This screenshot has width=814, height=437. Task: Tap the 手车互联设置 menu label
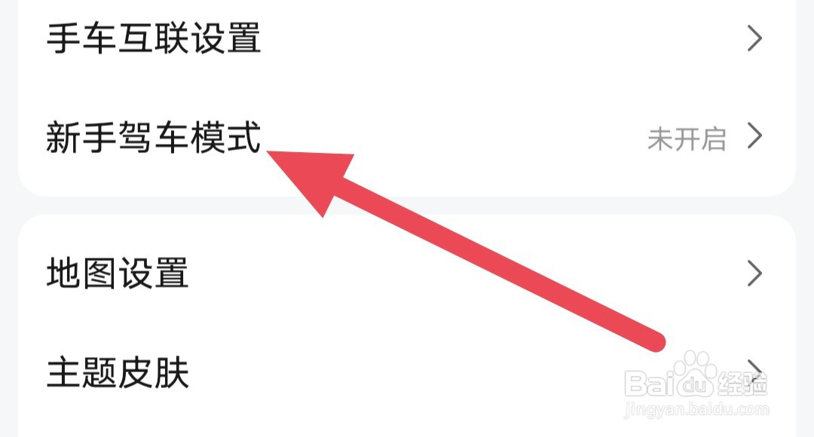tap(154, 38)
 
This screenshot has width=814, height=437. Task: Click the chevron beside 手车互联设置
tap(754, 38)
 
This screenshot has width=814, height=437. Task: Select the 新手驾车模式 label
tap(154, 138)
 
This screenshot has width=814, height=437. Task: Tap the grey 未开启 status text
tap(686, 139)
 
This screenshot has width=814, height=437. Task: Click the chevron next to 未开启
tap(754, 137)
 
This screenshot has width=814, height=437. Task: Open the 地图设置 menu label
tap(118, 274)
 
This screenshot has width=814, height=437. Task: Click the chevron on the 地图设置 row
tap(754, 274)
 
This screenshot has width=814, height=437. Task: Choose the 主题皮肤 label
tap(118, 371)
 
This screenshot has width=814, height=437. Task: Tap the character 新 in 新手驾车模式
tap(63, 138)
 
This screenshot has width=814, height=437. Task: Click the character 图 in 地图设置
tap(99, 274)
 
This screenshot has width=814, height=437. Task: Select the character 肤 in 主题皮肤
tap(171, 371)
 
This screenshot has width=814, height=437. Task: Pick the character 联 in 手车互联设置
tap(171, 38)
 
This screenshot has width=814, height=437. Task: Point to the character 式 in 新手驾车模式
tap(243, 138)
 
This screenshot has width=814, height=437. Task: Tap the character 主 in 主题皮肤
tap(63, 371)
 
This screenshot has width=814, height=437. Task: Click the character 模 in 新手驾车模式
tap(207, 138)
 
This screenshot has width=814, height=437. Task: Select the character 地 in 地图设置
tap(63, 274)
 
